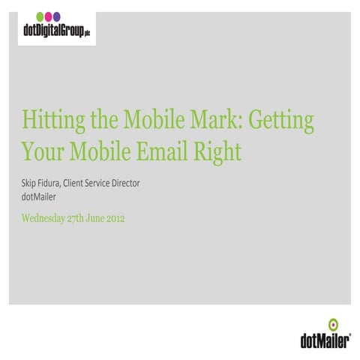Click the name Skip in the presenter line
click(30, 184)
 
